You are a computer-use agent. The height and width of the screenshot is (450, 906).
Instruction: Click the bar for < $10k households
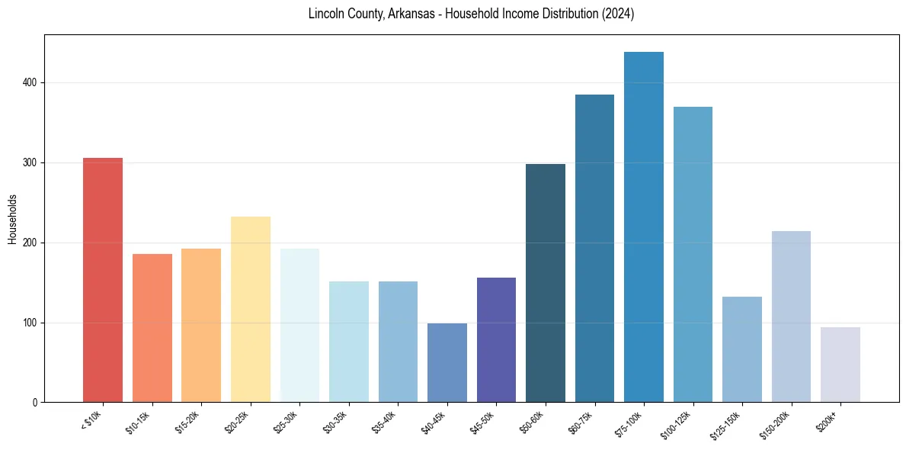103,280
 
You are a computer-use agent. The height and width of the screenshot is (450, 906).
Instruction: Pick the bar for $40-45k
447,363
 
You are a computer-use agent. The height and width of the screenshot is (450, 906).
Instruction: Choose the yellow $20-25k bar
251,310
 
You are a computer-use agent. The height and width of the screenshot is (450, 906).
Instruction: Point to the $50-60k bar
546,283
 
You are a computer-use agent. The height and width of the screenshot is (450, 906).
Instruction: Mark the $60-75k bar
594,249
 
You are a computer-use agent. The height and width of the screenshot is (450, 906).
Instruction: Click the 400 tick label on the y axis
28,82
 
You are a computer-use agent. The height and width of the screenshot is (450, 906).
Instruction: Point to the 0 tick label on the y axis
34,403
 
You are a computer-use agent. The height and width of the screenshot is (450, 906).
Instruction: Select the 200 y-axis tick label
28,243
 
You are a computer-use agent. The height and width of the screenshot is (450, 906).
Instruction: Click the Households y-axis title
12,218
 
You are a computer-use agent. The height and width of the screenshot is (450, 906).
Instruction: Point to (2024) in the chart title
619,14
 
